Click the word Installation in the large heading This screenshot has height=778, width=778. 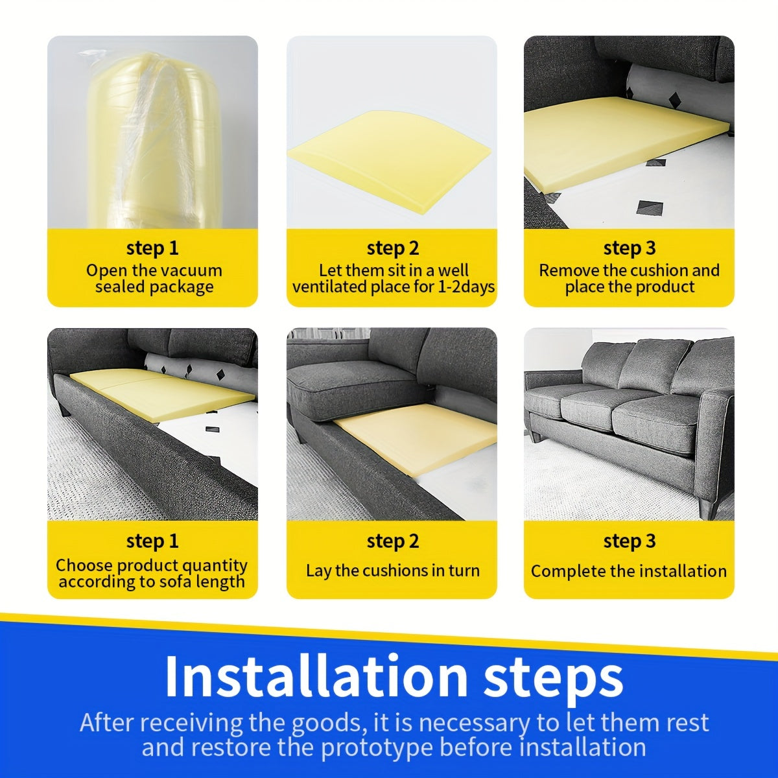click(316, 676)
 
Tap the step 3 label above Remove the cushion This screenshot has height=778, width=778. click(629, 248)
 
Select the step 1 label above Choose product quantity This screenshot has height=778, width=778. click(152, 541)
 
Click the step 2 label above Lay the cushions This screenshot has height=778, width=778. click(392, 541)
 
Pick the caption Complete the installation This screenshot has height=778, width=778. click(628, 571)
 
